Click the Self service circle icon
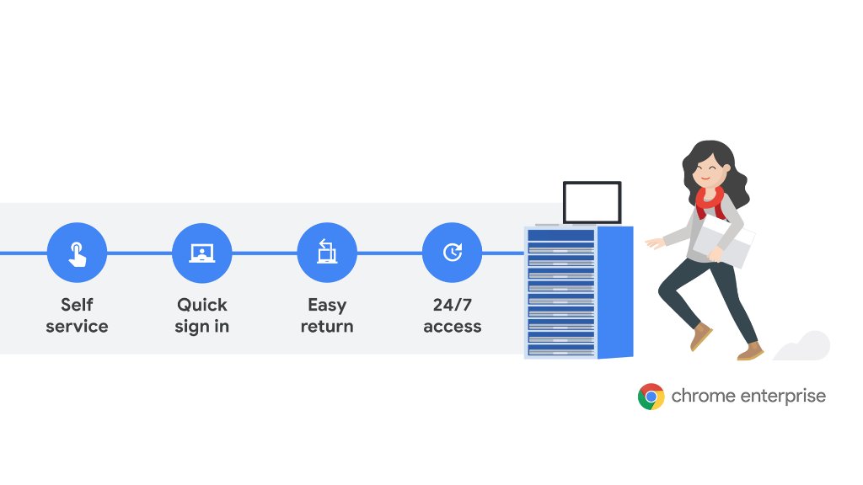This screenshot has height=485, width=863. pos(77,253)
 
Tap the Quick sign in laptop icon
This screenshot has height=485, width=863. pos(201,253)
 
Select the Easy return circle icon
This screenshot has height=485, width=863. pos(327,253)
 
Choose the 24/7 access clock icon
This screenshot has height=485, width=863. pos(452,253)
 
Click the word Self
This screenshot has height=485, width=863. pos(77,305)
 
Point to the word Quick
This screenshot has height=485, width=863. pos(201,305)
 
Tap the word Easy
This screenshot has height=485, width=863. pos(327,305)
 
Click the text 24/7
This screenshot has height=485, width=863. pos(452,305)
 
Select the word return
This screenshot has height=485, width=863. pos(327,327)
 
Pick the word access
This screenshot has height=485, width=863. pos(452,327)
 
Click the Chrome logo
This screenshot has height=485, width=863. pos(651,396)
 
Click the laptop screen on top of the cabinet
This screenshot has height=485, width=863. pos(592,202)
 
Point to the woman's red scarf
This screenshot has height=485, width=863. pos(710,200)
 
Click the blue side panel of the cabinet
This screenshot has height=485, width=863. pos(615,290)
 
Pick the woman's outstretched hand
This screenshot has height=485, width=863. pos(653,243)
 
